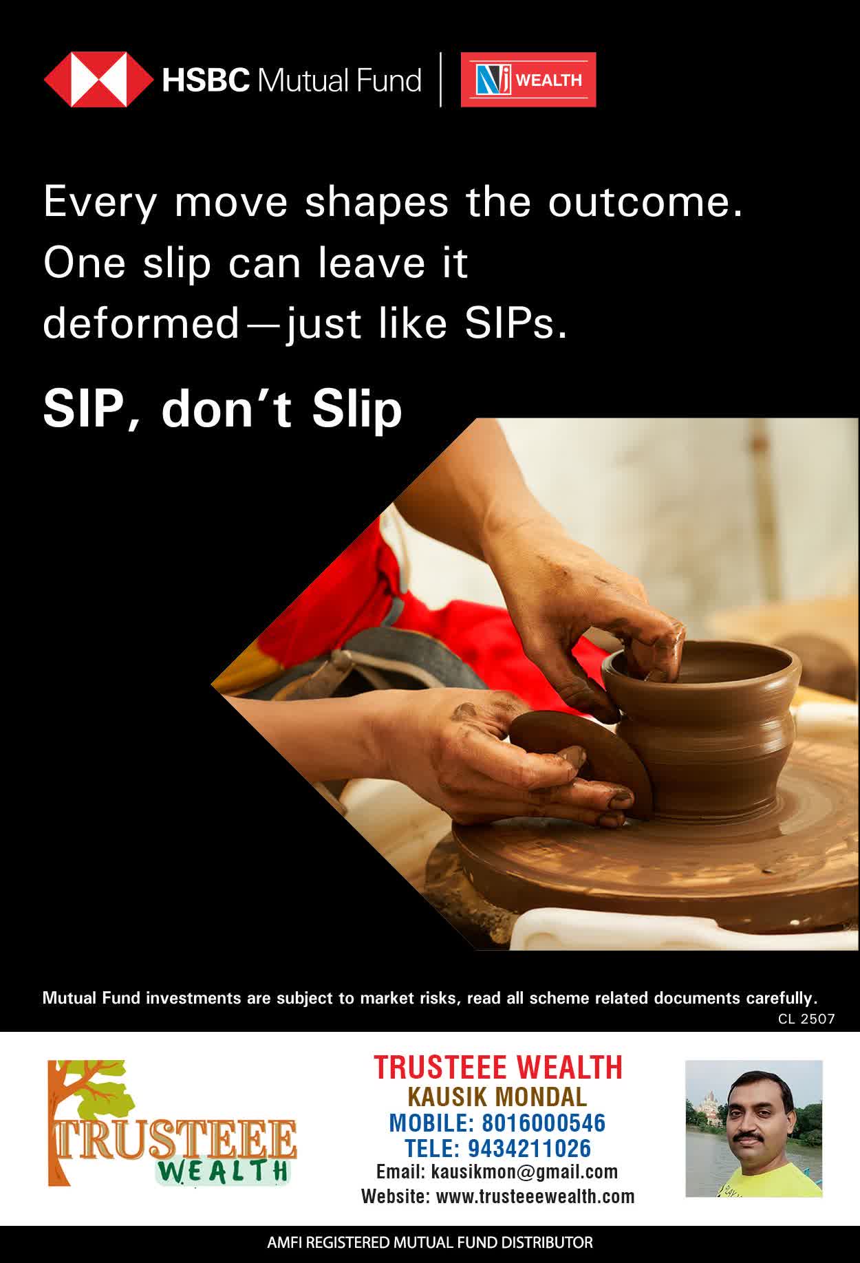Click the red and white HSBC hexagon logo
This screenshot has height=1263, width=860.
pos(99,80)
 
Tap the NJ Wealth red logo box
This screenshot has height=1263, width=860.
pos(528,80)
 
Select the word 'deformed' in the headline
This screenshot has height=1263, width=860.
pos(141,324)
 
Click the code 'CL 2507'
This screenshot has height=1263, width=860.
pos(806,1019)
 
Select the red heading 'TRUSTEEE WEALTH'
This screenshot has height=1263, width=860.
pos(498,1067)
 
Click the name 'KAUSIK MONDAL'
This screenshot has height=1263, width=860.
pos(497,1097)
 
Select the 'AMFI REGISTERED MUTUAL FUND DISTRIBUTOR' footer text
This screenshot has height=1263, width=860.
pos(430,1242)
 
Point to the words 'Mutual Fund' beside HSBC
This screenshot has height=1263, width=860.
pos(338,80)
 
